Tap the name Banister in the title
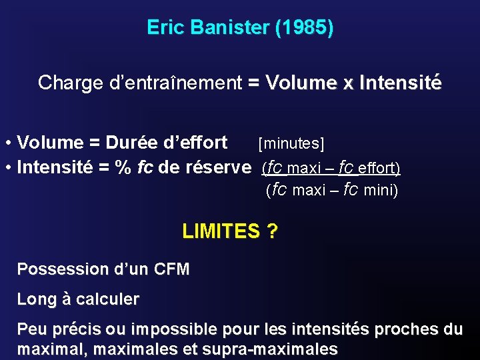click(x=230, y=28)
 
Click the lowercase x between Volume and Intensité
click(x=347, y=83)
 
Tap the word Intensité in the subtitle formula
click(x=400, y=83)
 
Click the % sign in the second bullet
click(x=123, y=167)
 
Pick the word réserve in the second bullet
click(x=221, y=167)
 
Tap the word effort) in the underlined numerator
click(x=379, y=167)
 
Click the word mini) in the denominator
click(x=381, y=191)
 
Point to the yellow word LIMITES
click(x=221, y=231)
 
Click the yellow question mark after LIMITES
click(x=272, y=231)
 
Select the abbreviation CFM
click(x=171, y=269)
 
